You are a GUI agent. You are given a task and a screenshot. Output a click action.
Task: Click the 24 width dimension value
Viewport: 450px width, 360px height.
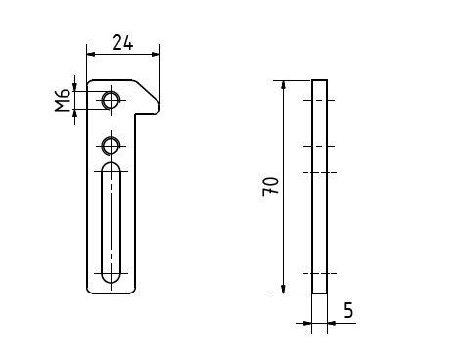(123, 43)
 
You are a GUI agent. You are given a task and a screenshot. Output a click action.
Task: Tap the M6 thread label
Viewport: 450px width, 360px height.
(63, 100)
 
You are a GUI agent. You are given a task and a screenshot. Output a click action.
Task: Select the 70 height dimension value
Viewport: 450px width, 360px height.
(271, 186)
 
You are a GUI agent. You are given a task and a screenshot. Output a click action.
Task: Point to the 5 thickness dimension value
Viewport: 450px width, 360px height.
(348, 310)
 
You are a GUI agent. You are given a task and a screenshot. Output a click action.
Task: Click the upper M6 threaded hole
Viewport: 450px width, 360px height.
(111, 100)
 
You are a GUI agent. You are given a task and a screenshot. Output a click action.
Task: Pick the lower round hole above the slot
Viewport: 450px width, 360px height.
(111, 146)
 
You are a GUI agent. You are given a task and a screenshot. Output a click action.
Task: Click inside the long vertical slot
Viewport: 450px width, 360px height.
(111, 222)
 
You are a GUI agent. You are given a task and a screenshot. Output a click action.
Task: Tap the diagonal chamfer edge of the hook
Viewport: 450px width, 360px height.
(147, 91)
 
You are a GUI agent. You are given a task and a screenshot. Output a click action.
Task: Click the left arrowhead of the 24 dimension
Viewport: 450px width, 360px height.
(91, 54)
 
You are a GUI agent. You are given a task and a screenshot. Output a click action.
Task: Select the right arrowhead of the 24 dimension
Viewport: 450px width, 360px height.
(156, 54)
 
